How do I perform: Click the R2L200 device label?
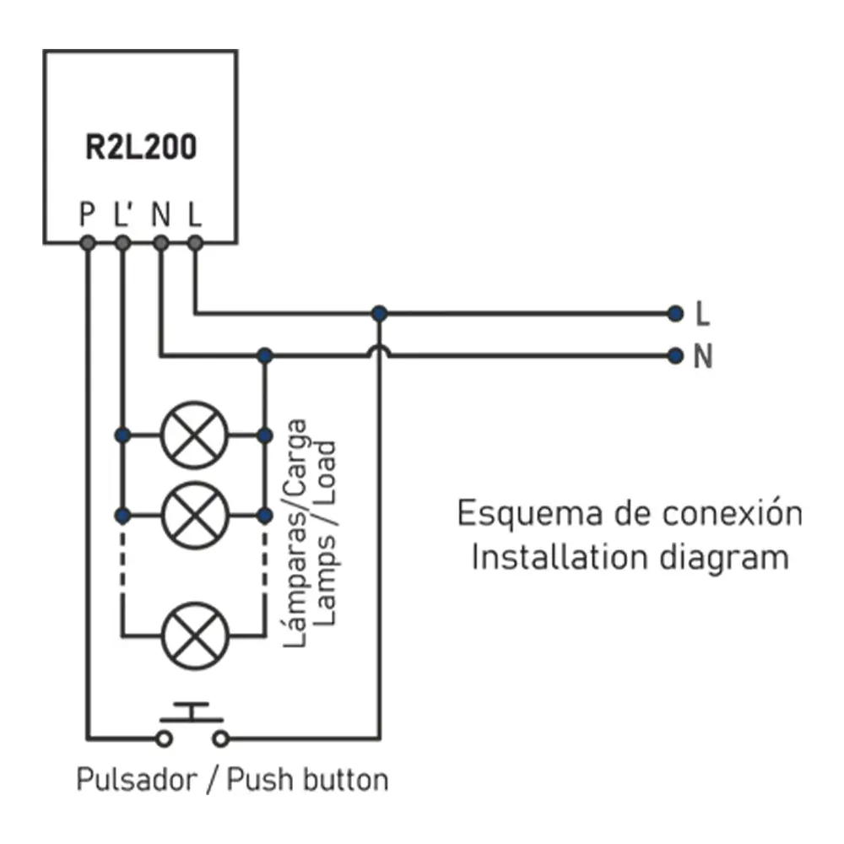(x=141, y=147)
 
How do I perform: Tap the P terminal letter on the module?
(x=86, y=214)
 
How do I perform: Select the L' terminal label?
(x=123, y=214)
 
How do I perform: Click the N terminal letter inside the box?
(x=160, y=214)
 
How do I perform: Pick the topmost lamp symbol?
(x=195, y=435)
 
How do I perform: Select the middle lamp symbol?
(x=195, y=514)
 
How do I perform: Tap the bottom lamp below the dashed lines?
(x=195, y=635)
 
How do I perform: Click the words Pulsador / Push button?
(x=232, y=779)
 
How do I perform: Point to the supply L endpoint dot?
(x=674, y=314)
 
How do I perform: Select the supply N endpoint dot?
(x=674, y=355)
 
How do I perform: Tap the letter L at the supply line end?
(x=703, y=315)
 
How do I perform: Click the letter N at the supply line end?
(x=703, y=357)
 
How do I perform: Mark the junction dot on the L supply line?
(x=380, y=314)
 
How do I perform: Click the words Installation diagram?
(x=630, y=558)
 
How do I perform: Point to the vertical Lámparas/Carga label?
(x=296, y=532)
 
